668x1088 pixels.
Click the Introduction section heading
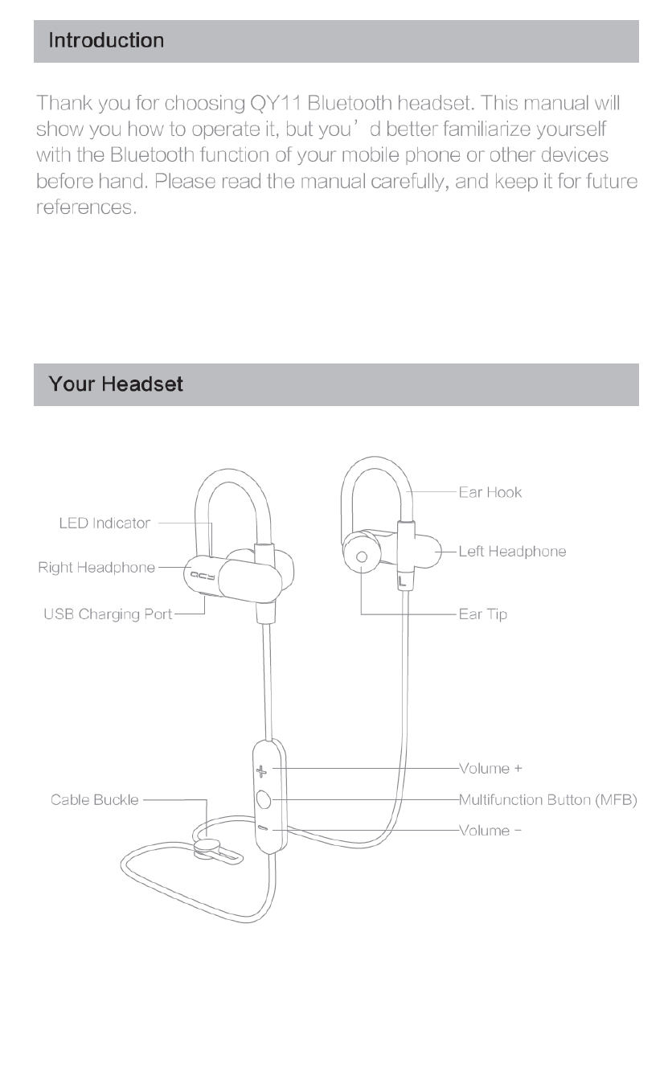[106, 40]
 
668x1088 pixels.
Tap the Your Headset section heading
[116, 384]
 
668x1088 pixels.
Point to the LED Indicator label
[105, 523]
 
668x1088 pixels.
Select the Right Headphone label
[96, 568]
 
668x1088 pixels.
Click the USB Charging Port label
[108, 614]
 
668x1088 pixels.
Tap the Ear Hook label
[490, 492]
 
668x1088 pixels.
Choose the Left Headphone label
[512, 552]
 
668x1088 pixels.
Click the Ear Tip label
[482, 614]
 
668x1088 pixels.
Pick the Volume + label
[490, 768]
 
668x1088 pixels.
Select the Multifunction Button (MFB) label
[547, 800]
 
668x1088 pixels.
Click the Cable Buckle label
[95, 800]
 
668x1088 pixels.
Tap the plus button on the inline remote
[261, 770]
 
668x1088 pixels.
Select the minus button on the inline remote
[263, 829]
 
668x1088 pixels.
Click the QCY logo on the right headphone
[197, 576]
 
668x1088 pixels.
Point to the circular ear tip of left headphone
[361, 556]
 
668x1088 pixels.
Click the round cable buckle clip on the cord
[208, 845]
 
